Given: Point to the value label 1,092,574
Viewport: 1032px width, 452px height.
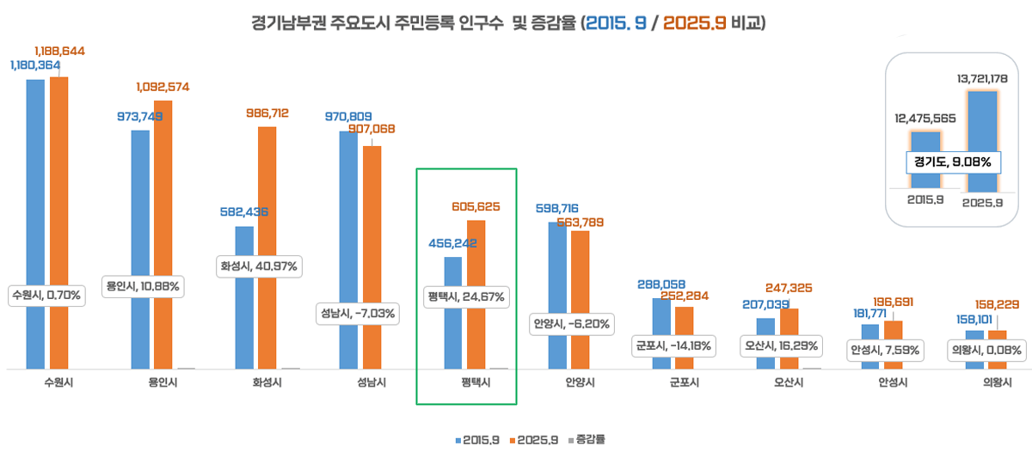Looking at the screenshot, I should [163, 87].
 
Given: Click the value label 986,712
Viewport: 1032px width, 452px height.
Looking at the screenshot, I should [267, 113].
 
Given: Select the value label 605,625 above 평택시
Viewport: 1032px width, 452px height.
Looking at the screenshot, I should [476, 206].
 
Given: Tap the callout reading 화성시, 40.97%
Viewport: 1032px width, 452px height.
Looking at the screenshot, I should [259, 266].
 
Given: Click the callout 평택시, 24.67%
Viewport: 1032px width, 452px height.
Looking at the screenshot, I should [466, 297].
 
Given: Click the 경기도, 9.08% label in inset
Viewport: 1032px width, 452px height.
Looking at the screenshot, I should [952, 162].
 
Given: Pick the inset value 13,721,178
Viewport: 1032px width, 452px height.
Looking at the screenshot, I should [981, 79].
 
